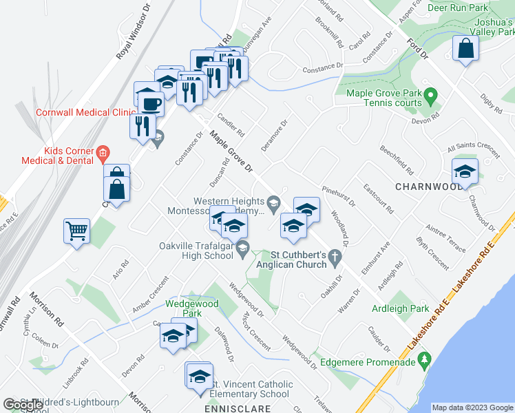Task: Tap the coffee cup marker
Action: point(150,103)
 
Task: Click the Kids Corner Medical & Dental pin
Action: point(102,151)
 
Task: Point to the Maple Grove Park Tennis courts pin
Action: point(431,94)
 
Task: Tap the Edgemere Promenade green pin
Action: point(424,359)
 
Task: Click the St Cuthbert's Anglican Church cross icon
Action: point(335,258)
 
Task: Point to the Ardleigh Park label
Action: point(400,308)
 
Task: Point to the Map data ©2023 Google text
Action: point(472,407)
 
